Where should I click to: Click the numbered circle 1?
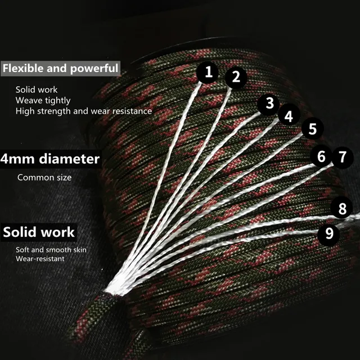pyautogui.click(x=209, y=72)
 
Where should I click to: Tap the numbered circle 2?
pyautogui.click(x=236, y=76)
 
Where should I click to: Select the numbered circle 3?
pyautogui.click(x=269, y=103)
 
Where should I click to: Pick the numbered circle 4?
pyautogui.click(x=289, y=116)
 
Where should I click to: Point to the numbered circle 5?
pyautogui.click(x=313, y=128)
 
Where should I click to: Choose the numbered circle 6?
pyautogui.click(x=321, y=156)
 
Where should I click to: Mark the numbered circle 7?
pyautogui.click(x=341, y=156)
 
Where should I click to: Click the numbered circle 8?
pyautogui.click(x=341, y=209)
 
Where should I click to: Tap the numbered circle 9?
pyautogui.click(x=329, y=233)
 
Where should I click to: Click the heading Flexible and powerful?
pyautogui.click(x=61, y=69)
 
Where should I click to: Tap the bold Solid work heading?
pyautogui.click(x=39, y=232)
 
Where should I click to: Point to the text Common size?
pyautogui.click(x=44, y=178)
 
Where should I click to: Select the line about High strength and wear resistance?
pyautogui.click(x=83, y=111)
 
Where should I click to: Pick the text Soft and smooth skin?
pyautogui.click(x=51, y=249)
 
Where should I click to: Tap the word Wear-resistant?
pyautogui.click(x=40, y=259)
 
